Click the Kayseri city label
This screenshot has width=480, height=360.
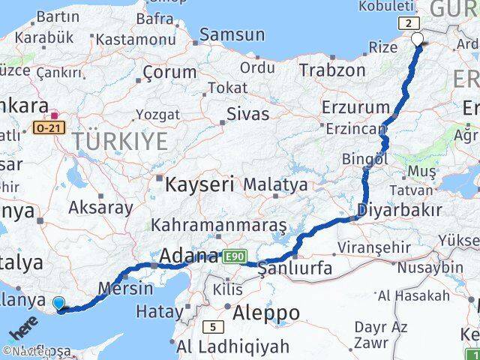199,184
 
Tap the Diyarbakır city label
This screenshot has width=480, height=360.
400,209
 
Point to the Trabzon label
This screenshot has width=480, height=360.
331,70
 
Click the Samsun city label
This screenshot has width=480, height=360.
232,34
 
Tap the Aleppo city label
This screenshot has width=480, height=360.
266,312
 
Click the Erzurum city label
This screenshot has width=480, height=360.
355,106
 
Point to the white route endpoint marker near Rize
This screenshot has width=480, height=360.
418,40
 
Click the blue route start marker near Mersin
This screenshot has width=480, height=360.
58,304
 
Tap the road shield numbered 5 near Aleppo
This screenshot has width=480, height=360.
213,326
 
